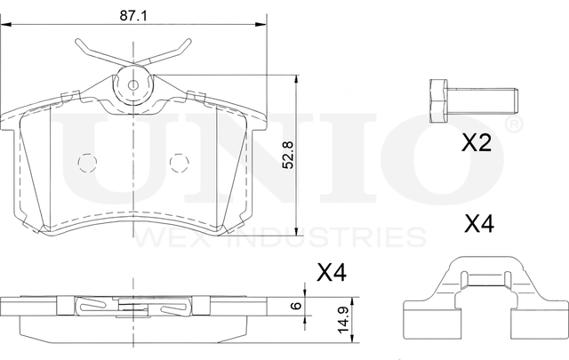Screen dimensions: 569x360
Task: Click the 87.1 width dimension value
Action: tap(133, 16)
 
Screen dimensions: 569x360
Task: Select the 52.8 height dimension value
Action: tap(288, 155)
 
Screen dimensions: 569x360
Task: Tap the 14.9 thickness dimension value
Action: tap(343, 319)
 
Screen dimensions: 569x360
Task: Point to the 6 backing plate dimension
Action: tap(297, 305)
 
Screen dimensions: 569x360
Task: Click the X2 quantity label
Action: tap(477, 142)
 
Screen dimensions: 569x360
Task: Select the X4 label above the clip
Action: tap(479, 223)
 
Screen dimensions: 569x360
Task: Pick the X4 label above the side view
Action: tap(332, 273)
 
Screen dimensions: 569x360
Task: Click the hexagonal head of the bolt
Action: tap(438, 100)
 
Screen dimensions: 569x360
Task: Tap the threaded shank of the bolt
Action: tap(482, 100)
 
